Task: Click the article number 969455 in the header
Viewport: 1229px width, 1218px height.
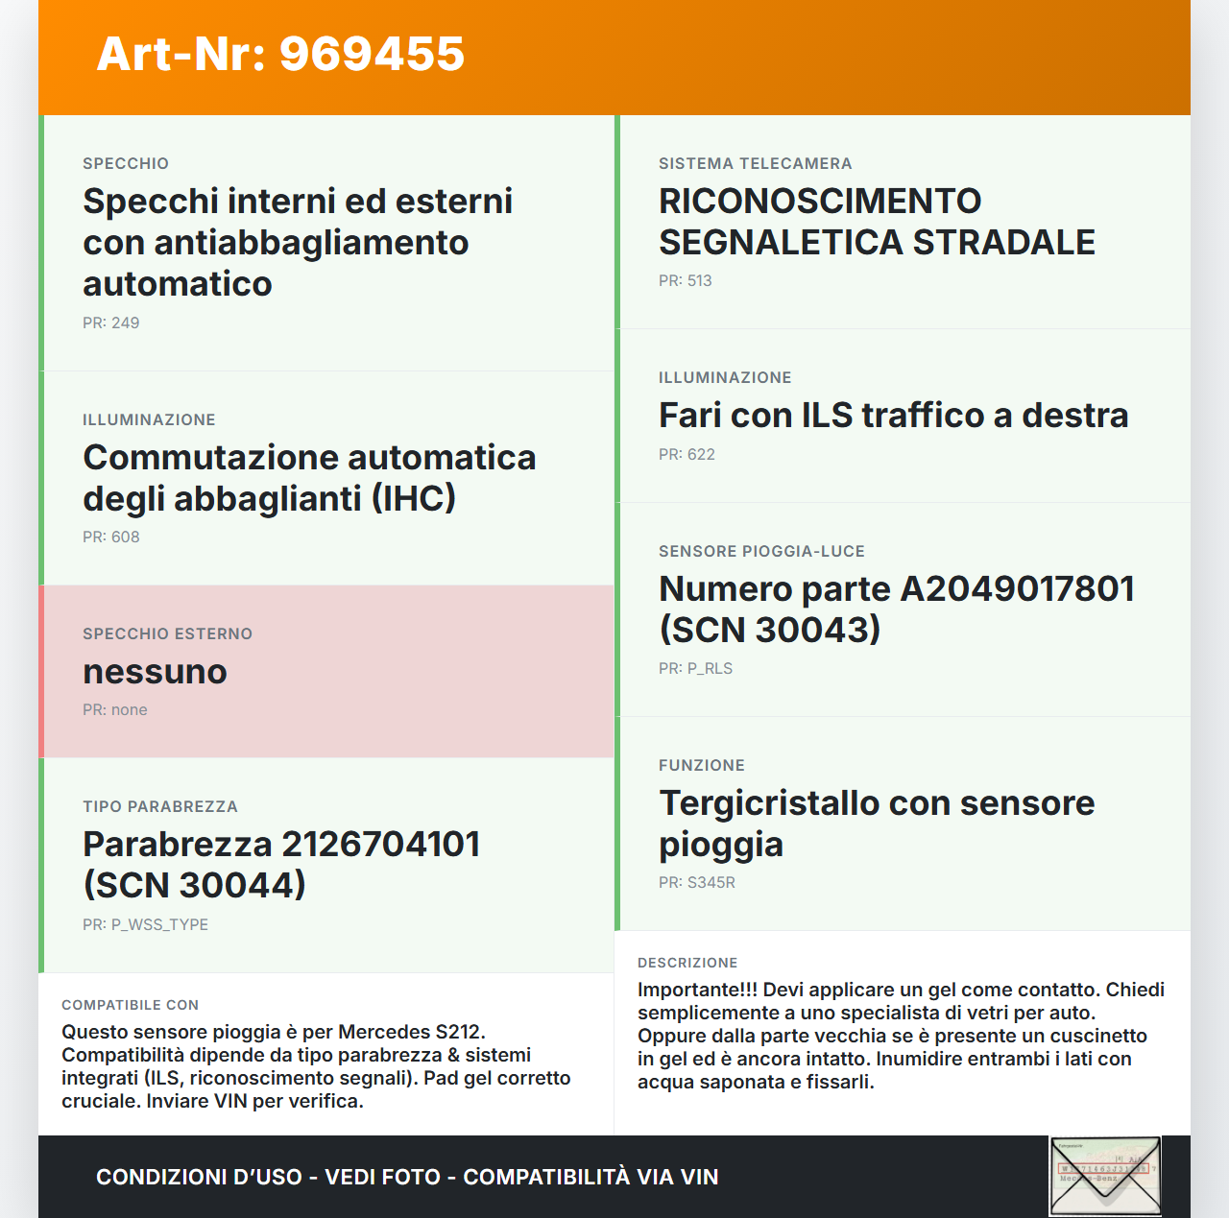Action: click(x=372, y=54)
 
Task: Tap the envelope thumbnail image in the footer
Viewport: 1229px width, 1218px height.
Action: click(x=1105, y=1176)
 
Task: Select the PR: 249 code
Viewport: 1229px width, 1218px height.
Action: click(x=111, y=322)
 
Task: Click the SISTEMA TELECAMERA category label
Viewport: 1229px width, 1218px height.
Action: click(x=755, y=163)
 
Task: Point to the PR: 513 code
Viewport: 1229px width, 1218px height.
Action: click(x=686, y=280)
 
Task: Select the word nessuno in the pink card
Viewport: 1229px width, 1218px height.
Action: click(x=155, y=671)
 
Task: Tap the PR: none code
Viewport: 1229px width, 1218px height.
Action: click(x=115, y=709)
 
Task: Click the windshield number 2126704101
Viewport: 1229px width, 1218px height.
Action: click(x=381, y=844)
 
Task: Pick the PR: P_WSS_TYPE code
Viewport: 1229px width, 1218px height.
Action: click(x=145, y=924)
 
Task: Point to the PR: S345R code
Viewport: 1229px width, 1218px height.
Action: click(x=697, y=882)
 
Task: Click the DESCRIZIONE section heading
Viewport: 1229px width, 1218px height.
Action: click(x=687, y=963)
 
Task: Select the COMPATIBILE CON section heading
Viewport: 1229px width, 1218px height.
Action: click(x=130, y=1005)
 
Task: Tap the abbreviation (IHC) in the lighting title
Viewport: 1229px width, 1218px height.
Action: click(x=414, y=498)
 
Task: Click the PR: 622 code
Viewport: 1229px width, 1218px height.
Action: click(x=687, y=454)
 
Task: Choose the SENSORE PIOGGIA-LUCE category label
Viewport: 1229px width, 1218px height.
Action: click(x=761, y=551)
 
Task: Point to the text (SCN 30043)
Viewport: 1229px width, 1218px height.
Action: click(x=769, y=630)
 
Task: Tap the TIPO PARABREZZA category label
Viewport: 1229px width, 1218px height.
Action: click(x=159, y=806)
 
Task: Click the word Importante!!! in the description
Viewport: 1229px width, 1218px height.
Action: click(x=697, y=990)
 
